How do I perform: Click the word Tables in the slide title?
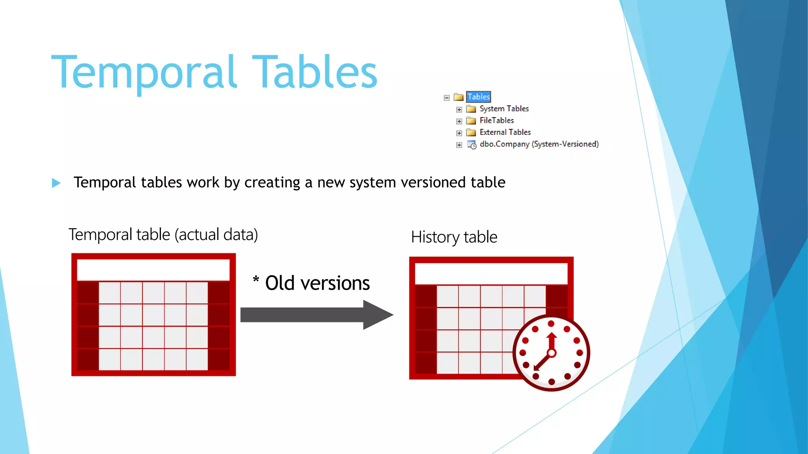pos(314,72)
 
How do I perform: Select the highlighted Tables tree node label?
pos(478,97)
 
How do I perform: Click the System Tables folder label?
pos(504,109)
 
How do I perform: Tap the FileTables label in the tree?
pos(496,121)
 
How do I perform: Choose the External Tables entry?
pos(505,132)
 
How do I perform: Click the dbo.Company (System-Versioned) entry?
pos(539,144)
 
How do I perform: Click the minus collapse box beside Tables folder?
pos(447,98)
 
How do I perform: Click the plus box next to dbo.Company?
pos(459,145)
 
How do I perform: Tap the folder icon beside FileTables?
pos(471,121)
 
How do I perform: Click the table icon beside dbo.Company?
pos(471,145)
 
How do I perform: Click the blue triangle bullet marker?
pos(56,183)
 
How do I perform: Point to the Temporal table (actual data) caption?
pos(163,234)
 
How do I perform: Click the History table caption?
pos(454,237)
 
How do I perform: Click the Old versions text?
pos(317,283)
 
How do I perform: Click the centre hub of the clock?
pos(552,353)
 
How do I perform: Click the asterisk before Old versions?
pos(256,280)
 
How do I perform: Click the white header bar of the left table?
pos(153,270)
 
